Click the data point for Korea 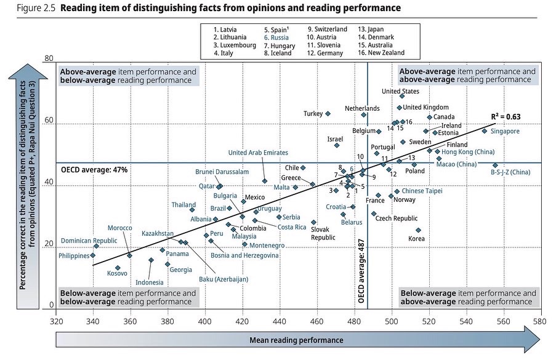(x=418, y=230)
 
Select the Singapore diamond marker (x=485, y=131)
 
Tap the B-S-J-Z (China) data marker (x=495, y=165)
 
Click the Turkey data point (x=328, y=114)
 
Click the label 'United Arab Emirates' (x=258, y=153)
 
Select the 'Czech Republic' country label (x=397, y=218)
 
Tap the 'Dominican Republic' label (x=89, y=241)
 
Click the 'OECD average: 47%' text (x=94, y=169)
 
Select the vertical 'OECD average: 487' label (x=361, y=272)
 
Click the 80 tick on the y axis (x=49, y=59)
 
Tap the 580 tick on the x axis (x=540, y=321)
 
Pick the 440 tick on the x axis (x=280, y=321)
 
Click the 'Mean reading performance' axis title (x=296, y=340)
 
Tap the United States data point (x=402, y=95)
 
